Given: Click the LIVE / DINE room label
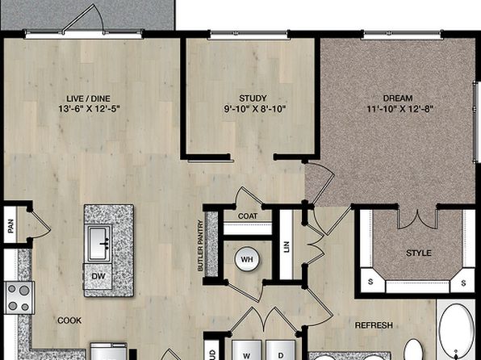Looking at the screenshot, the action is [x=88, y=98].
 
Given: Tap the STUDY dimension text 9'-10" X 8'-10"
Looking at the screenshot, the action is [x=255, y=109].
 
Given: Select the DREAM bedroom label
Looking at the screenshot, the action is [x=398, y=98].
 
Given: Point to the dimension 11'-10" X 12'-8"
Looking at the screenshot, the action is [x=400, y=109].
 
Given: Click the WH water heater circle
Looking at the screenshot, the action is [x=247, y=259].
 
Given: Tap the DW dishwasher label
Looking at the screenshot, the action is [x=98, y=276].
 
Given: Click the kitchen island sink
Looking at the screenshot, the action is [x=100, y=244].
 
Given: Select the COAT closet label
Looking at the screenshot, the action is [x=248, y=216].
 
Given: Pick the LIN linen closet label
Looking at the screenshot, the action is [x=287, y=247].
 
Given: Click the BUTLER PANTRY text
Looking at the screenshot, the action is [x=201, y=245].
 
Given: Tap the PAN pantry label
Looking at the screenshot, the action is [x=10, y=226].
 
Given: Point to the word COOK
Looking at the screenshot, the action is [x=69, y=320].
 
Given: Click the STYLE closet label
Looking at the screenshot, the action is [x=419, y=253].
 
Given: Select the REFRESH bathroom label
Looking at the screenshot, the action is [x=374, y=325].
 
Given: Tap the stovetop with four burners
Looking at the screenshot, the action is [x=19, y=298].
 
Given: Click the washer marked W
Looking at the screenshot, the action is [x=247, y=350].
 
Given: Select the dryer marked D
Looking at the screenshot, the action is [x=280, y=350].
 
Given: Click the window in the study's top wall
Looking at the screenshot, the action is [x=249, y=35].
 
